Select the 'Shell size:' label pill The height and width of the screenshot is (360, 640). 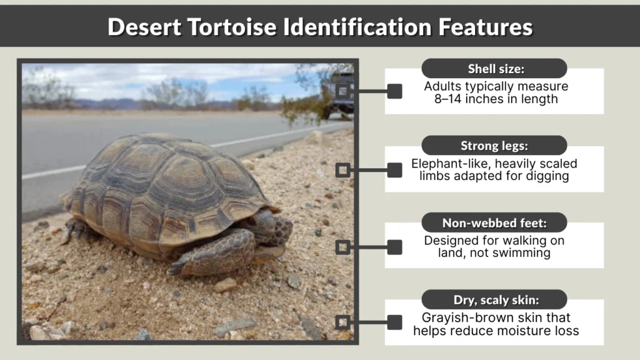click(494, 69)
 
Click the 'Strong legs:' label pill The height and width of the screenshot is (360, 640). click(494, 146)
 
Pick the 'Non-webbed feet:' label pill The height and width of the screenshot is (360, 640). click(494, 222)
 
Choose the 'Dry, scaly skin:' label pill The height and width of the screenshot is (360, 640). click(494, 299)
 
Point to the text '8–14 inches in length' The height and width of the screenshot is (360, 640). click(494, 99)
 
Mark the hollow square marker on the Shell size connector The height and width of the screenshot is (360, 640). click(342, 91)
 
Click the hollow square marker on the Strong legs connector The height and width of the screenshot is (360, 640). click(342, 170)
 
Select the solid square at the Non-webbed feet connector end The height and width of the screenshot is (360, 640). click(394, 247)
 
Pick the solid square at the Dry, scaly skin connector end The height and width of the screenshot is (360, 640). click(394, 322)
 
